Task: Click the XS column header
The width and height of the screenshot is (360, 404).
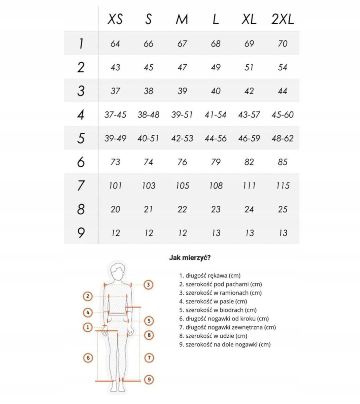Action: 115,20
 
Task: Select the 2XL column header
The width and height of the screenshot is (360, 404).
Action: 283,20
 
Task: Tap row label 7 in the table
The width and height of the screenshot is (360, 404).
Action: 81,186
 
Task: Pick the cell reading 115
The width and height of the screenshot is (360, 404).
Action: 283,186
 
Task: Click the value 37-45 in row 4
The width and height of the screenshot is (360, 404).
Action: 115,115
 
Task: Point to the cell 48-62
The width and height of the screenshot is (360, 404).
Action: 283,138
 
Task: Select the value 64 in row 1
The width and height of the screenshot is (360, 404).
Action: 115,44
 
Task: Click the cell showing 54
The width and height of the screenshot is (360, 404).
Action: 283,67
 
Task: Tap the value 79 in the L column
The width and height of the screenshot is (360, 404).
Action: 216,162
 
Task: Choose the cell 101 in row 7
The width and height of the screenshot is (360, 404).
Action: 115,186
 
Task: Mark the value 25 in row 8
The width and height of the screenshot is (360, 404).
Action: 283,209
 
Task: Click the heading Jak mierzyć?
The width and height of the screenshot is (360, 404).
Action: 190,258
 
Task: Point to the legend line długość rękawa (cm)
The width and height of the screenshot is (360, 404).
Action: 210,276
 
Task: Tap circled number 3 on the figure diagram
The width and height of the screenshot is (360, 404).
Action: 149,285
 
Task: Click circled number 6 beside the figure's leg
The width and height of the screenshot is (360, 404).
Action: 88,358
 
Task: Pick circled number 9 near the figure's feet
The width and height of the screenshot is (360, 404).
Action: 149,379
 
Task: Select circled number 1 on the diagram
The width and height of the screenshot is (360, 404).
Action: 88,327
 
